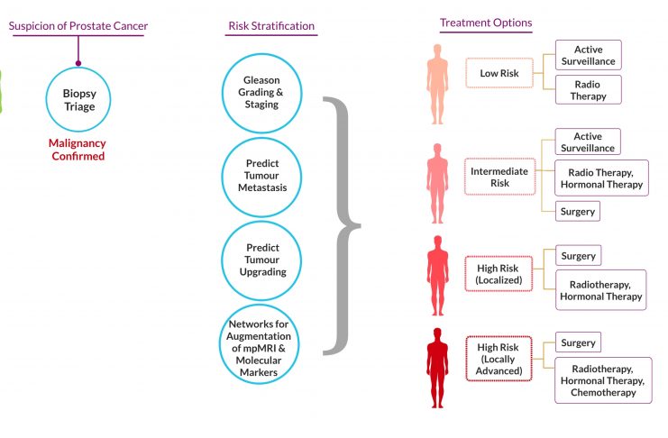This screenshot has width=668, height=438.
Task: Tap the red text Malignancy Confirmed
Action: tap(78, 150)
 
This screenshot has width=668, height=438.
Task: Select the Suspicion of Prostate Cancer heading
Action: tap(78, 26)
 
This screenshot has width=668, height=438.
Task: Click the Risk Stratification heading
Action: tap(271, 26)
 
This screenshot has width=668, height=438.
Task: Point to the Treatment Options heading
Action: tap(486, 23)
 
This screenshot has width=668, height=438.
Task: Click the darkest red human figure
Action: tap(437, 368)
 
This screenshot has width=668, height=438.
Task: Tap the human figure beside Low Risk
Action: tap(437, 84)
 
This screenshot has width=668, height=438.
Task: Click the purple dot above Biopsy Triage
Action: tap(78, 63)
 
